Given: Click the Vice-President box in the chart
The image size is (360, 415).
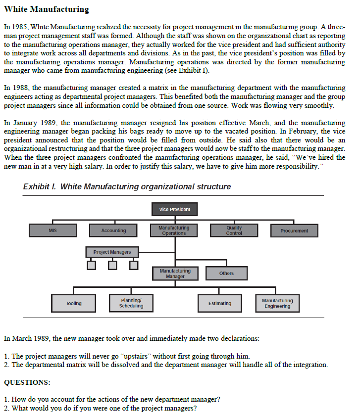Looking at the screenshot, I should [174, 210].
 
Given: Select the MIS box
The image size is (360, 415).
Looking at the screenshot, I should [53, 231].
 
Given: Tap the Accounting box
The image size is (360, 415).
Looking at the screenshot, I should [113, 231].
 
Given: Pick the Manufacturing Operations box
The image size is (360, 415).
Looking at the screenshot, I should [174, 231].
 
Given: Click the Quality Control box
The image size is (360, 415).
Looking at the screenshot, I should [234, 231].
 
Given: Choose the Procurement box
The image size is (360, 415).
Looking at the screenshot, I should [294, 231].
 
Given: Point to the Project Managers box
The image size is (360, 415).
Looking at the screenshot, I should [112, 252].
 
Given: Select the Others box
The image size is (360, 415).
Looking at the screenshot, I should [226, 274].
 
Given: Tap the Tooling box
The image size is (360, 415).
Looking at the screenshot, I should [74, 303].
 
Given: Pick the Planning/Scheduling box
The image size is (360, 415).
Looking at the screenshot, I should [131, 303].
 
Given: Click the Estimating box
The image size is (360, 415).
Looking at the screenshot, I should [220, 303].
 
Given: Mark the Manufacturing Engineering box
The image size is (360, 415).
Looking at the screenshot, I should [277, 303].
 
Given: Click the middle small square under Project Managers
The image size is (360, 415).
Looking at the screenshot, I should [112, 266].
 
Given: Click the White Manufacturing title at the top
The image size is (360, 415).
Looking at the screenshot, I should [46, 9].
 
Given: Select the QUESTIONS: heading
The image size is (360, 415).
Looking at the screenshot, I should [27, 382].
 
